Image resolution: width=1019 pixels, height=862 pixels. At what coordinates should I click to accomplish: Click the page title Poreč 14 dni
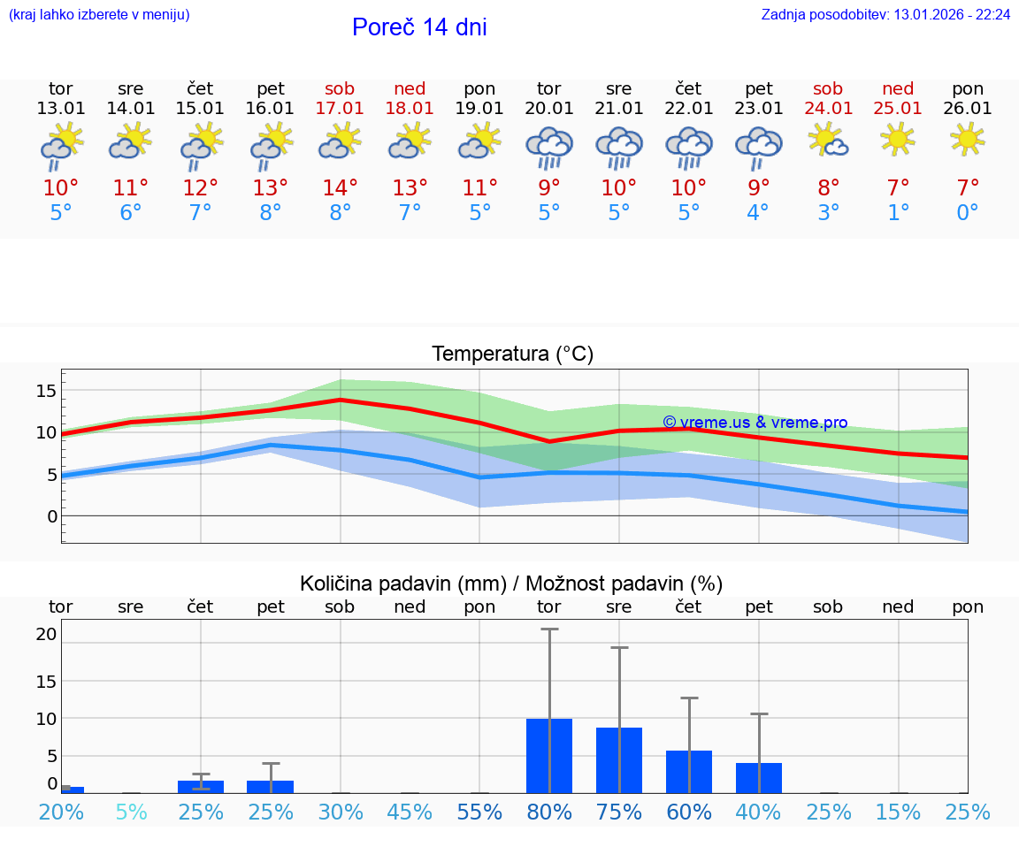(419, 27)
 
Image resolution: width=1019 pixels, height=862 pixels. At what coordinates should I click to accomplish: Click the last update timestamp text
(885, 15)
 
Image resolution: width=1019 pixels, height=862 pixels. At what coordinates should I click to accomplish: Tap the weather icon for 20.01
(549, 147)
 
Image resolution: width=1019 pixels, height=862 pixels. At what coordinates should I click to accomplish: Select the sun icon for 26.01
(968, 139)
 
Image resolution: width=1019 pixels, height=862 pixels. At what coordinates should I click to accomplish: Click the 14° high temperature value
(340, 187)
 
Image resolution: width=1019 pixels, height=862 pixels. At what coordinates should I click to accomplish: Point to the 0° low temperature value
(968, 213)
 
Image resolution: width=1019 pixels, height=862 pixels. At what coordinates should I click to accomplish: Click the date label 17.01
(340, 108)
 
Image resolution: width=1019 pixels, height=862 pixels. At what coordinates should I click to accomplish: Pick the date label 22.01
(688, 108)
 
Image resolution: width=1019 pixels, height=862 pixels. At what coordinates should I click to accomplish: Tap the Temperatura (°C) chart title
(512, 354)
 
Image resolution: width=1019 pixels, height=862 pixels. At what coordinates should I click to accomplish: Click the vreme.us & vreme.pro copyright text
(755, 423)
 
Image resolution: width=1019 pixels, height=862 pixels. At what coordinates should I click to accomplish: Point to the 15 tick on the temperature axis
(47, 391)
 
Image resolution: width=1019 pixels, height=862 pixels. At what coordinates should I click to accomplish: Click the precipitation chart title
(511, 584)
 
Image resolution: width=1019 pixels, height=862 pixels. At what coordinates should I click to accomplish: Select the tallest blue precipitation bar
(549, 756)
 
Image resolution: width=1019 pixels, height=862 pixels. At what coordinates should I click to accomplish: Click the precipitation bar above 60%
(689, 772)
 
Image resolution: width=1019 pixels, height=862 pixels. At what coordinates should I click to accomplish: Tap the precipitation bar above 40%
(759, 778)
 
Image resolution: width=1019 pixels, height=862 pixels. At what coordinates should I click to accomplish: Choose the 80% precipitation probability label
(549, 812)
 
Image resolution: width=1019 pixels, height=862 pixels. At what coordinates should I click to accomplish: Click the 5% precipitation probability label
(131, 812)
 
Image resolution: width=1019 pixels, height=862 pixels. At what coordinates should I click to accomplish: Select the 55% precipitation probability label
(479, 812)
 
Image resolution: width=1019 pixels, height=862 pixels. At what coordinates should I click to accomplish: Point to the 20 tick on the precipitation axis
(47, 634)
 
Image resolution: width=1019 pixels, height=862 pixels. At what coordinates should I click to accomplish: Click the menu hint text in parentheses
(99, 15)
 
